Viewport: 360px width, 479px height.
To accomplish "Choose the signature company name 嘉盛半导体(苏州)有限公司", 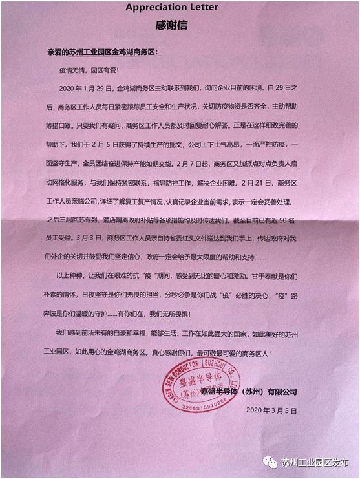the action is [x=248, y=392].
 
